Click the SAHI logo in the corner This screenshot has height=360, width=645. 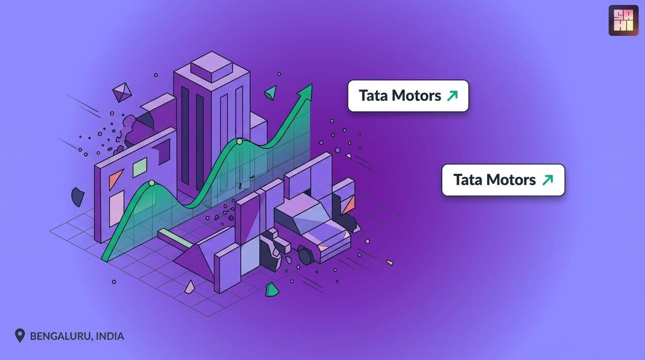click(x=624, y=21)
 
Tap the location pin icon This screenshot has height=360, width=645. click(x=20, y=336)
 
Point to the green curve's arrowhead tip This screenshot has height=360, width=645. click(x=312, y=84)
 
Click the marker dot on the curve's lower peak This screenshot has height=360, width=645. click(x=151, y=183)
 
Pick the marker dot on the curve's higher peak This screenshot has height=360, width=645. click(x=239, y=142)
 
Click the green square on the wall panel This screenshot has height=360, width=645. click(x=140, y=167)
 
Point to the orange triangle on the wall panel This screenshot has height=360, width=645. click(x=115, y=179)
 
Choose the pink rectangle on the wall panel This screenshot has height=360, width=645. click(x=117, y=209)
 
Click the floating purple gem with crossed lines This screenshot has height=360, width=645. click(x=122, y=92)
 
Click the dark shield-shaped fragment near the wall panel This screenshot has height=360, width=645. click(x=77, y=197)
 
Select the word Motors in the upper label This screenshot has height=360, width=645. click(x=416, y=96)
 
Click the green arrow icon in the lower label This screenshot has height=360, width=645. click(x=547, y=180)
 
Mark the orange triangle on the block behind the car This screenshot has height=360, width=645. click(x=348, y=204)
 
